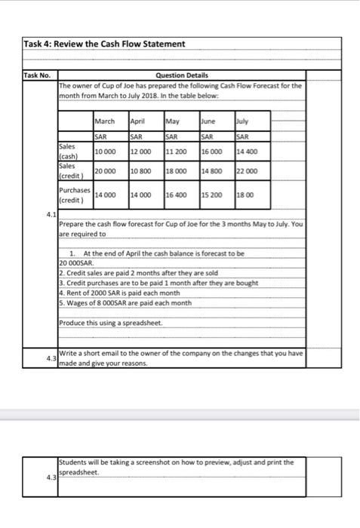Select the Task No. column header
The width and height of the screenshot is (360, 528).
35,75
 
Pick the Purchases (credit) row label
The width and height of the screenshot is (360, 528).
75,194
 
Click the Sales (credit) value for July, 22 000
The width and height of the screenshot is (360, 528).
247,171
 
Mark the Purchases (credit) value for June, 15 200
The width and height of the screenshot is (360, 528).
212,194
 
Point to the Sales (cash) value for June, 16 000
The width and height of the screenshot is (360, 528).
212,151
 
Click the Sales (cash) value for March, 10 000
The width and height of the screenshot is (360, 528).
105,151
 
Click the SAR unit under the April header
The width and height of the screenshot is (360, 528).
137,135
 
